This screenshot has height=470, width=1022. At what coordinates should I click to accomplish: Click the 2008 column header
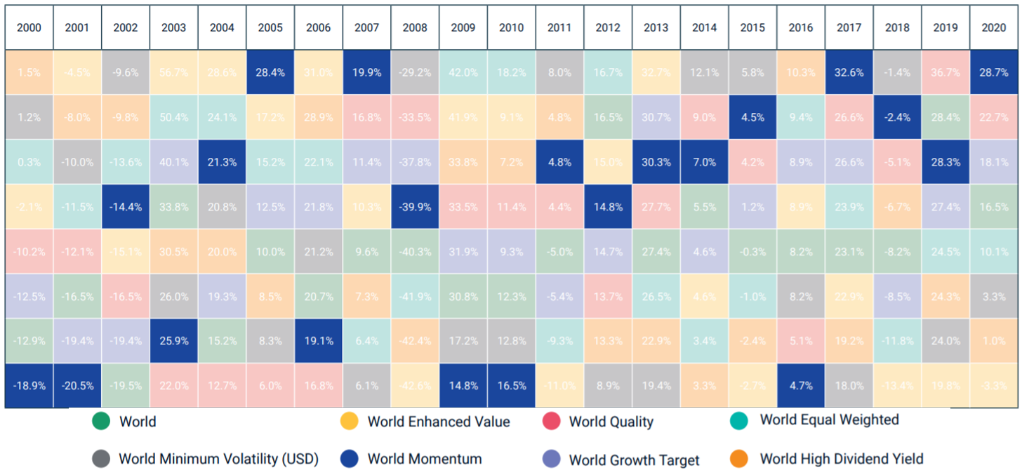415,28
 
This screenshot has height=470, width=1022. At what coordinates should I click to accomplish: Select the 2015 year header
752,28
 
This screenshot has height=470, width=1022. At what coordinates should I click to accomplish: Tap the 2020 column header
993,28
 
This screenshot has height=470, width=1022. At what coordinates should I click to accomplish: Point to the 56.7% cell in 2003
173,73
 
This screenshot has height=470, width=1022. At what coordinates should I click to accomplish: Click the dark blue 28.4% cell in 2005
270,73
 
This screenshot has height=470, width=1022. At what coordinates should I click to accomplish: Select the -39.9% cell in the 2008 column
415,207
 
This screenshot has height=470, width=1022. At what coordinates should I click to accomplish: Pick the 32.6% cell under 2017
849,73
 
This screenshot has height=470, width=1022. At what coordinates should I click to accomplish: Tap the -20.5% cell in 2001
77,386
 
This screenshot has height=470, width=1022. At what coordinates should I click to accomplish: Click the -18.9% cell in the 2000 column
29,386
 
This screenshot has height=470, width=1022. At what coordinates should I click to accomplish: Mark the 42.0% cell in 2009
463,73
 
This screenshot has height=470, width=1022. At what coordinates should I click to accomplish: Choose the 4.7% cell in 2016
801,386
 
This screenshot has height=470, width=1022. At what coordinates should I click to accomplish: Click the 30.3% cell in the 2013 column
656,162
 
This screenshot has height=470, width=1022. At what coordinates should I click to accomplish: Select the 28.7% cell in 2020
993,73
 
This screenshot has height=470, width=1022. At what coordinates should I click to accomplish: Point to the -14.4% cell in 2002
126,207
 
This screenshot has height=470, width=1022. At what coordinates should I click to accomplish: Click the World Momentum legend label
425,459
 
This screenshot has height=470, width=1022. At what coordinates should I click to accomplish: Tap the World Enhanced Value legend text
439,422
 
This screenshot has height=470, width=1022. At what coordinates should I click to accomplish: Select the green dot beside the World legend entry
101,422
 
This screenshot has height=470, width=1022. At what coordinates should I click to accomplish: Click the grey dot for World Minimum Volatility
101,459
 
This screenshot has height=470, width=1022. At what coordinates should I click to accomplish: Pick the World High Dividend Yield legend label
842,459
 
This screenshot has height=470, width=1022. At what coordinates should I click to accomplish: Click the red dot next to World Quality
551,422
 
